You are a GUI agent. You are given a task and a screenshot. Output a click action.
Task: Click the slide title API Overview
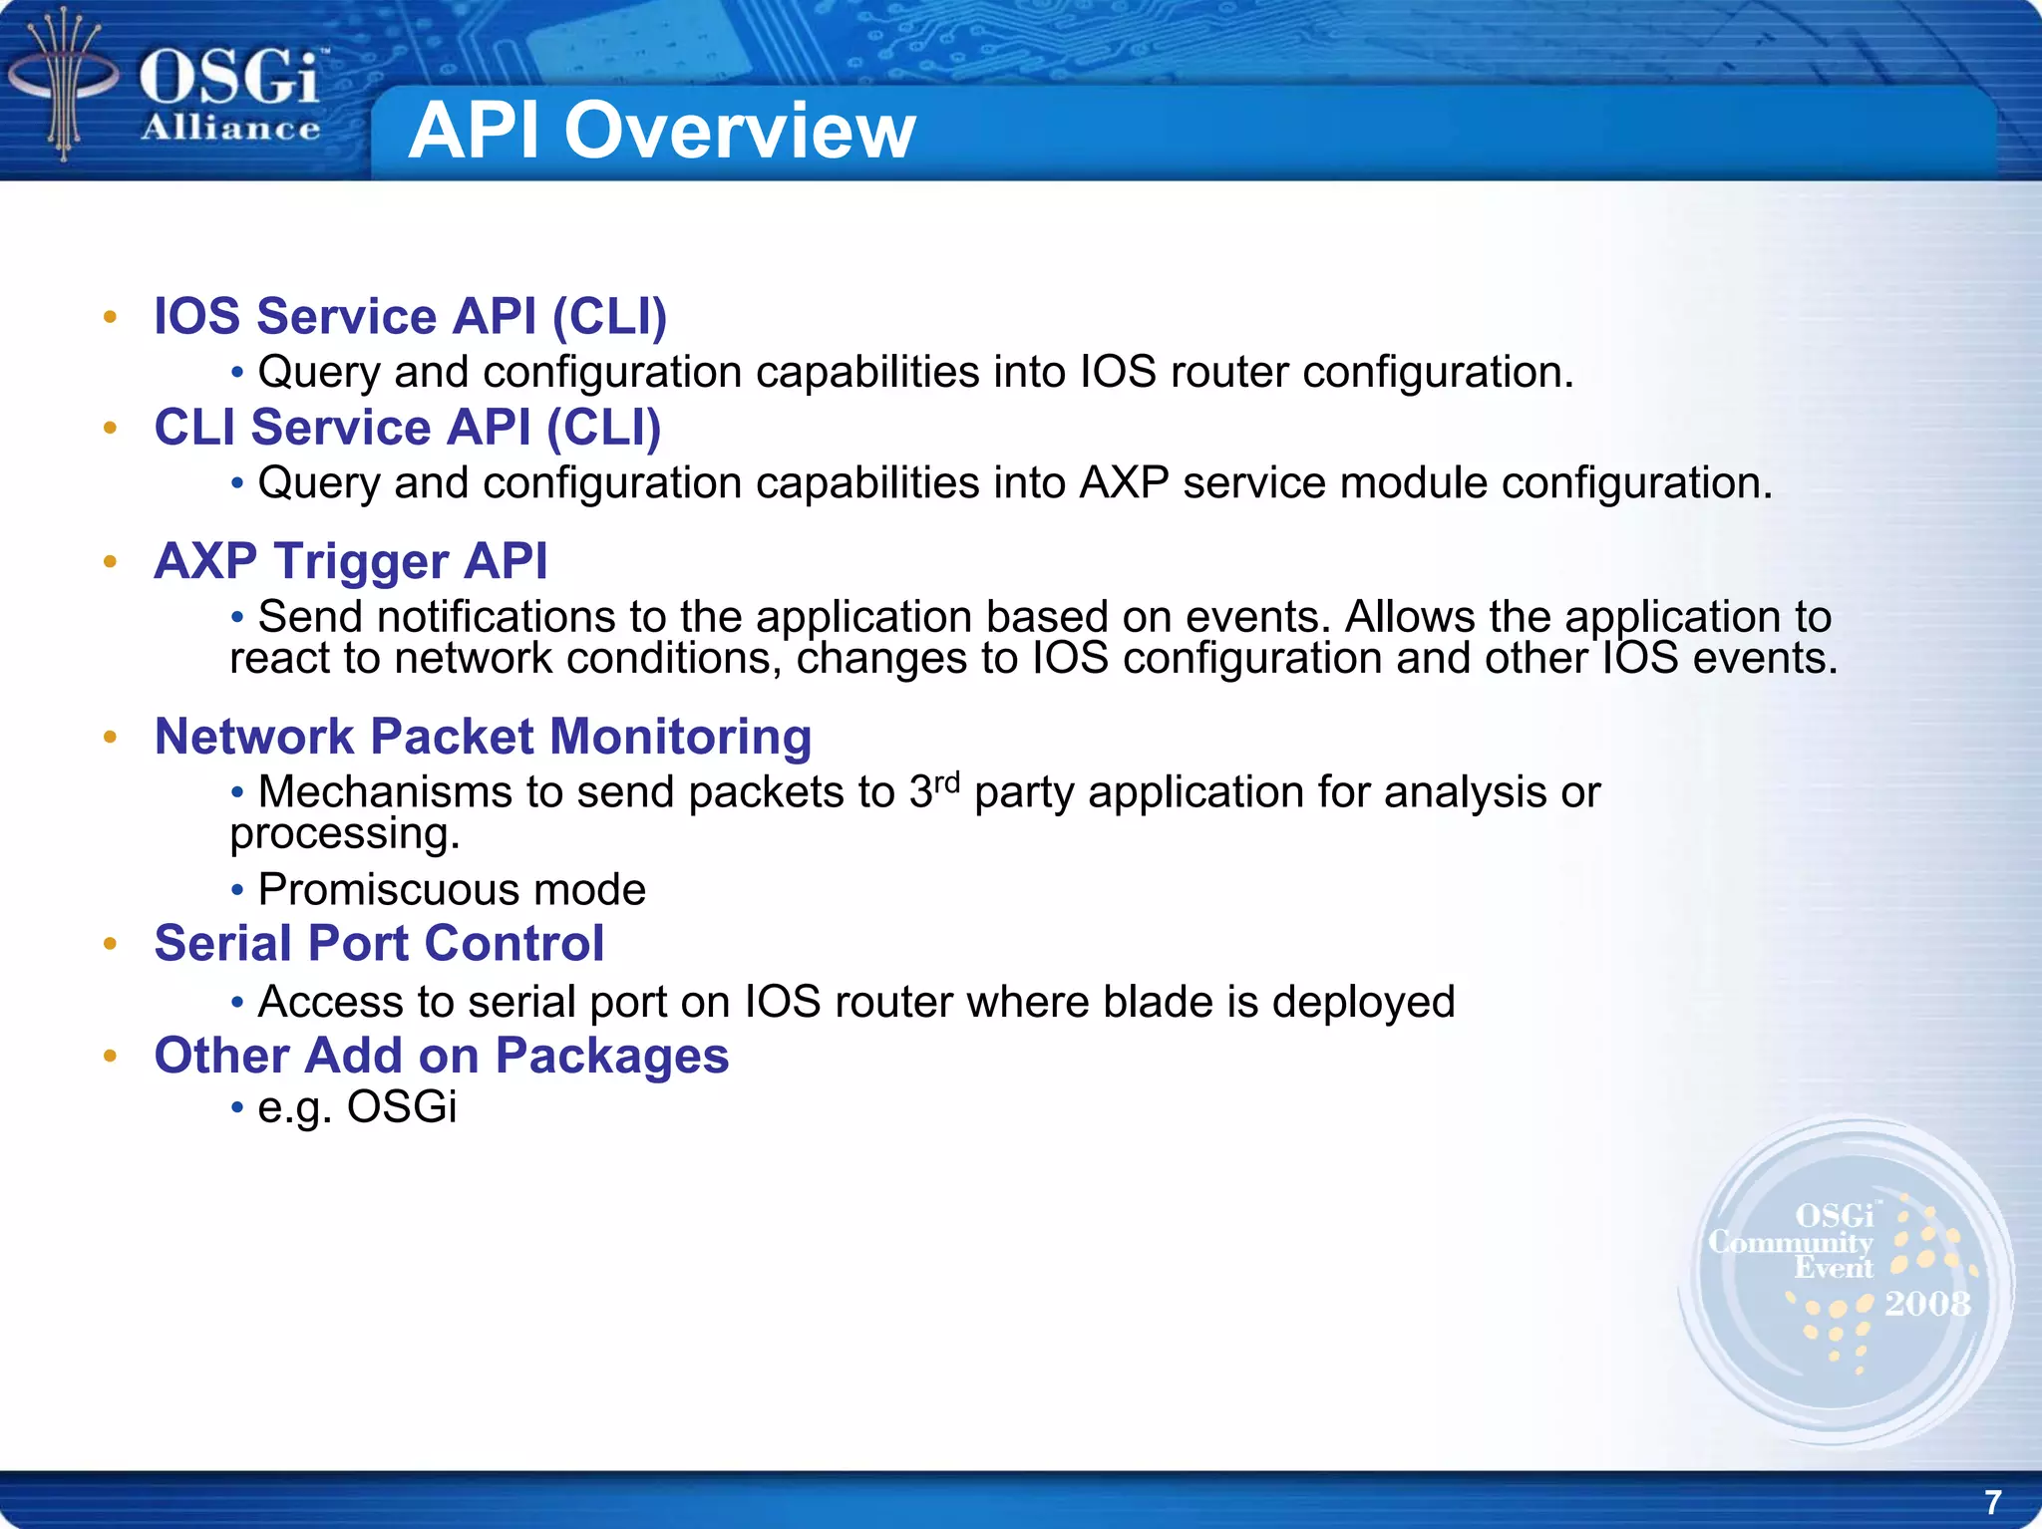(661, 131)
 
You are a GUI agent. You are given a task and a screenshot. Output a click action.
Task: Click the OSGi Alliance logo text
(230, 95)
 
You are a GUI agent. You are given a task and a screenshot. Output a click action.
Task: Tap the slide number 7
(1992, 1501)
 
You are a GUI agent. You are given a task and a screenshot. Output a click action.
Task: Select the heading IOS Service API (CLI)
(410, 316)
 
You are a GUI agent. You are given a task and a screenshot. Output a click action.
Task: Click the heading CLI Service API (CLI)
(407, 428)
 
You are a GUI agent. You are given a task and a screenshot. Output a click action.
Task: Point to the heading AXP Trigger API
(350, 560)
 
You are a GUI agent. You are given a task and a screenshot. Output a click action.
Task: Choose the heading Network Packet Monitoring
(483, 737)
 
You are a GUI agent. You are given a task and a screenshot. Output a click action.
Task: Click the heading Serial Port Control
(379, 943)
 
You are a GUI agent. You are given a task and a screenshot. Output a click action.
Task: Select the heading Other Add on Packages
(441, 1055)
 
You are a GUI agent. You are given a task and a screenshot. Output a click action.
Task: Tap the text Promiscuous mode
(451, 889)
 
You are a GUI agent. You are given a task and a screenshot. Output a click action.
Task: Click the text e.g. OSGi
(357, 1107)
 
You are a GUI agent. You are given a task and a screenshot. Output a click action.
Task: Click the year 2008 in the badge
(1926, 1304)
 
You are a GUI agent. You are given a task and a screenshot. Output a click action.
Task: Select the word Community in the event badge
(1790, 1242)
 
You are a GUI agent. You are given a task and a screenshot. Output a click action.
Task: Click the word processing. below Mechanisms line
(345, 834)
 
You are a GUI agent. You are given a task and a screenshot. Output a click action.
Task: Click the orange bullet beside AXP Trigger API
(111, 561)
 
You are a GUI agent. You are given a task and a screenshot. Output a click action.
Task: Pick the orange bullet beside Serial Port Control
(111, 943)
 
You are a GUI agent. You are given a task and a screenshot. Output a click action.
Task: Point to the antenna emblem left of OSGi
(63, 85)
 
